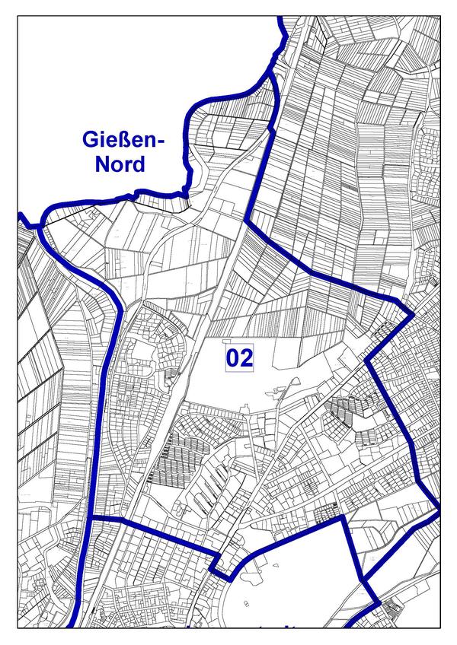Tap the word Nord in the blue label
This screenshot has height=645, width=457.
pyautogui.click(x=120, y=165)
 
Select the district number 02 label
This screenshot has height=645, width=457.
pyautogui.click(x=239, y=357)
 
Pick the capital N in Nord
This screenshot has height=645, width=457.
pyautogui.click(x=102, y=165)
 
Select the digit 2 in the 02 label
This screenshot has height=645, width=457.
pyautogui.click(x=246, y=357)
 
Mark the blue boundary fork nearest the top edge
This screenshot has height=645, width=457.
pyautogui.click(x=271, y=75)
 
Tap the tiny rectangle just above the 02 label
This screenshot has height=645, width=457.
pyautogui.click(x=228, y=341)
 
